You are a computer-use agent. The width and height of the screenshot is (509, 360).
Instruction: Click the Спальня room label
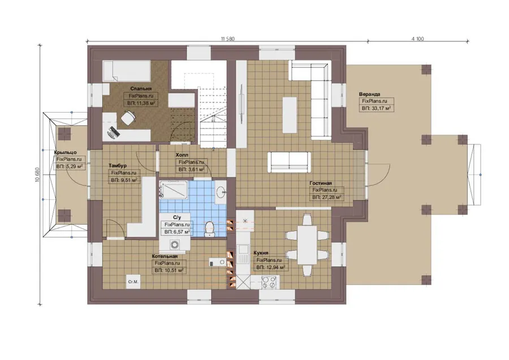(141, 88)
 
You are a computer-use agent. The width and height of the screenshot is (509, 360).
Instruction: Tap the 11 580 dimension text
(227, 38)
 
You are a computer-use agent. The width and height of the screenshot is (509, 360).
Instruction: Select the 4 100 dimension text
(417, 38)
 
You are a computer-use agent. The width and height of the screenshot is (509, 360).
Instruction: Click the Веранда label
(369, 94)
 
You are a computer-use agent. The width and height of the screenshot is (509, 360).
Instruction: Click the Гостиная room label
(321, 183)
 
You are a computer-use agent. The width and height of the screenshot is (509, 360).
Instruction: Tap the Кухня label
(261, 253)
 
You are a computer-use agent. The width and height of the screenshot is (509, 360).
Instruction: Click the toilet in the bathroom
(210, 229)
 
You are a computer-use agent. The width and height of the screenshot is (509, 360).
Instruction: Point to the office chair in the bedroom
(128, 118)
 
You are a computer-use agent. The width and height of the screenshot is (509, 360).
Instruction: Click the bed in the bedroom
(127, 71)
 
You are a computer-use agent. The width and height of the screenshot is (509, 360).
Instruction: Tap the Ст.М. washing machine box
(133, 282)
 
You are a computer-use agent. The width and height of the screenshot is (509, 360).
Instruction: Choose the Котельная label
(165, 256)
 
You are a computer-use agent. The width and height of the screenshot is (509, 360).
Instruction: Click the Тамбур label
(118, 166)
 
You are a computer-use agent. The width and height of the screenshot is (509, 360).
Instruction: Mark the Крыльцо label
(65, 152)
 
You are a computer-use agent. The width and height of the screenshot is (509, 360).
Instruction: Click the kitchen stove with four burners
(269, 282)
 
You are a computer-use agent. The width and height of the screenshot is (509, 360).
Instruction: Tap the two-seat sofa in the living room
(289, 162)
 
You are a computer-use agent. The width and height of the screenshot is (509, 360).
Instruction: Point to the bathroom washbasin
(221, 192)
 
